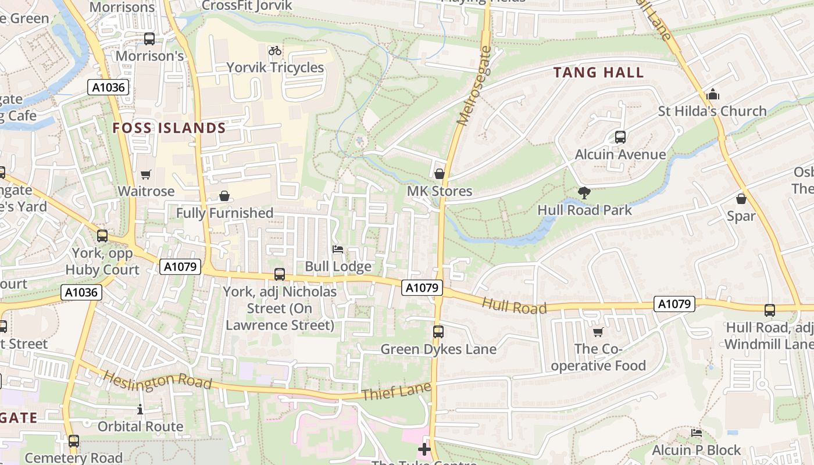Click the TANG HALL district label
598,73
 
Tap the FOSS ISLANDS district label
169,128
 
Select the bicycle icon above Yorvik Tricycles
275,51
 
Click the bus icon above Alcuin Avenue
620,137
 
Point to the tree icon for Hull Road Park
584,192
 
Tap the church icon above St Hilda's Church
712,94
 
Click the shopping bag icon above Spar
741,199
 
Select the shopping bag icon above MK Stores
440,173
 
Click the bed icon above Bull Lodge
338,249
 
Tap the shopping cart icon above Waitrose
146,174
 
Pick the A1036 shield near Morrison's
108,87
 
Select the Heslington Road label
157,380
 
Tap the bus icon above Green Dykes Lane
438,332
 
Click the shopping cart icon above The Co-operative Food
598,332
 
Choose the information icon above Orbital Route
140,409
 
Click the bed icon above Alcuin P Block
696,432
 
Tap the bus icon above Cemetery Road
74,441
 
